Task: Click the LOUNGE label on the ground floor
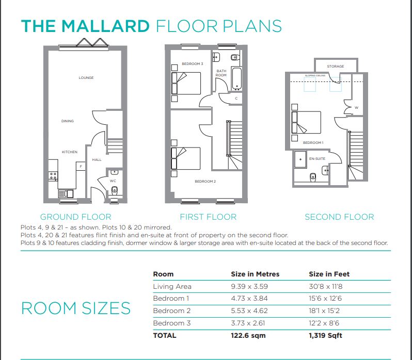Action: (86, 78)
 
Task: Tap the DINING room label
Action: (68, 121)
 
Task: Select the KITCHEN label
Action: (70, 152)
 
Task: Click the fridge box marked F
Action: (81, 167)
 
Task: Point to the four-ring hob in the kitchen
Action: (53, 176)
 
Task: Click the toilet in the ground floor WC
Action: (115, 190)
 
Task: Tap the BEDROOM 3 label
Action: (193, 64)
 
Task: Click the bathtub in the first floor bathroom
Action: (237, 79)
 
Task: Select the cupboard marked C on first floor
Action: (236, 99)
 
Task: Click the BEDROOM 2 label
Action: (205, 182)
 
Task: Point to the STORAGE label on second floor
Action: (336, 67)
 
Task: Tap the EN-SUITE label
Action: (317, 159)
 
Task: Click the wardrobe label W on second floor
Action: (357, 108)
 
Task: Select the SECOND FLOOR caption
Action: (339, 217)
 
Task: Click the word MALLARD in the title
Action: (105, 26)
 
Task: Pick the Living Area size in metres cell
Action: (249, 286)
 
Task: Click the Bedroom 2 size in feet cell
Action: (324, 311)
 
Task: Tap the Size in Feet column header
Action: (329, 274)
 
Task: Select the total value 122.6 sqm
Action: (248, 336)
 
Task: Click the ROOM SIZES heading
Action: (76, 308)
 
